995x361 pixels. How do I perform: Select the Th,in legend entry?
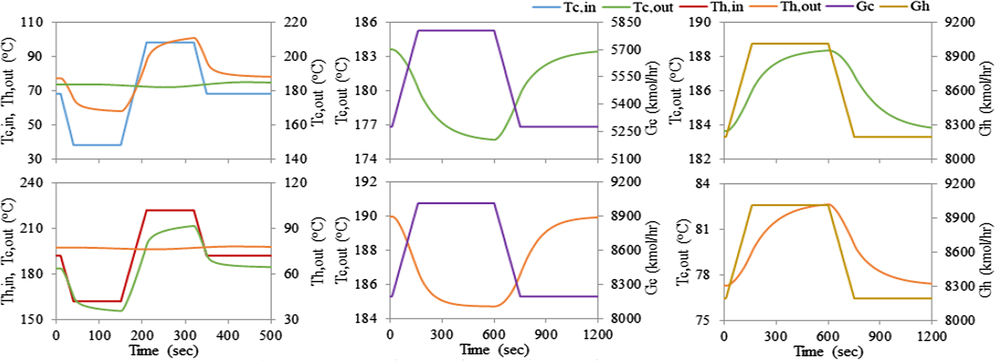click(x=726, y=7)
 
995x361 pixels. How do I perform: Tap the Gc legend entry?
click(x=865, y=7)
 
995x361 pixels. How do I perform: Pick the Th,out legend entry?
click(x=801, y=7)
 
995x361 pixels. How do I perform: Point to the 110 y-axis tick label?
click(x=32, y=23)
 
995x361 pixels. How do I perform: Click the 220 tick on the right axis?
click(x=296, y=23)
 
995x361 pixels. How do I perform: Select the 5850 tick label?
click(x=625, y=23)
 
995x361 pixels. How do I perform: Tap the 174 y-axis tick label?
click(x=367, y=159)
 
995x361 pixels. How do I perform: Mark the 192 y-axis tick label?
click(x=367, y=183)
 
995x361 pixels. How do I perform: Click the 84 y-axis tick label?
click(x=706, y=184)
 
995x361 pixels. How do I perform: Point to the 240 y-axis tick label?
click(x=32, y=183)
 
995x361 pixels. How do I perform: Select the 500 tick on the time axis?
click(x=270, y=335)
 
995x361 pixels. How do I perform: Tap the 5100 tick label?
click(x=625, y=159)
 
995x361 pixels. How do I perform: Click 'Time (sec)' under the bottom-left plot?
click(x=163, y=350)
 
